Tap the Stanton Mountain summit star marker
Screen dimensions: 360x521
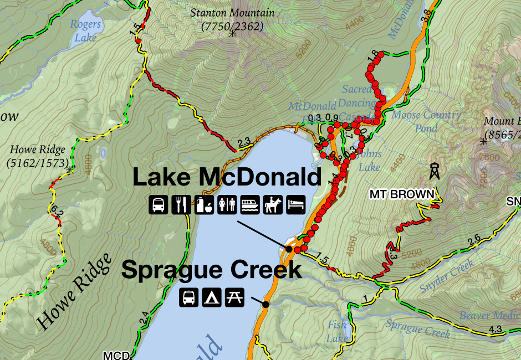(232, 34)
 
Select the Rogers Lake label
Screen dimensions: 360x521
(86, 30)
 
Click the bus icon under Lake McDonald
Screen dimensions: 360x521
(157, 205)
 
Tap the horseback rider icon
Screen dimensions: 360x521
(273, 205)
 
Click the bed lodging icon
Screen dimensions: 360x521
(295, 205)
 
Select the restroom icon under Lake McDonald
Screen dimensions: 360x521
(227, 205)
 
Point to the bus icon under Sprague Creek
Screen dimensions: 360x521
(188, 298)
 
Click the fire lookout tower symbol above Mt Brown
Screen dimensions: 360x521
(433, 171)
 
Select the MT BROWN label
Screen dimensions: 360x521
(402, 194)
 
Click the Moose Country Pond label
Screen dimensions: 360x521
(426, 121)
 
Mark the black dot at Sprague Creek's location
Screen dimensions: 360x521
(266, 304)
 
